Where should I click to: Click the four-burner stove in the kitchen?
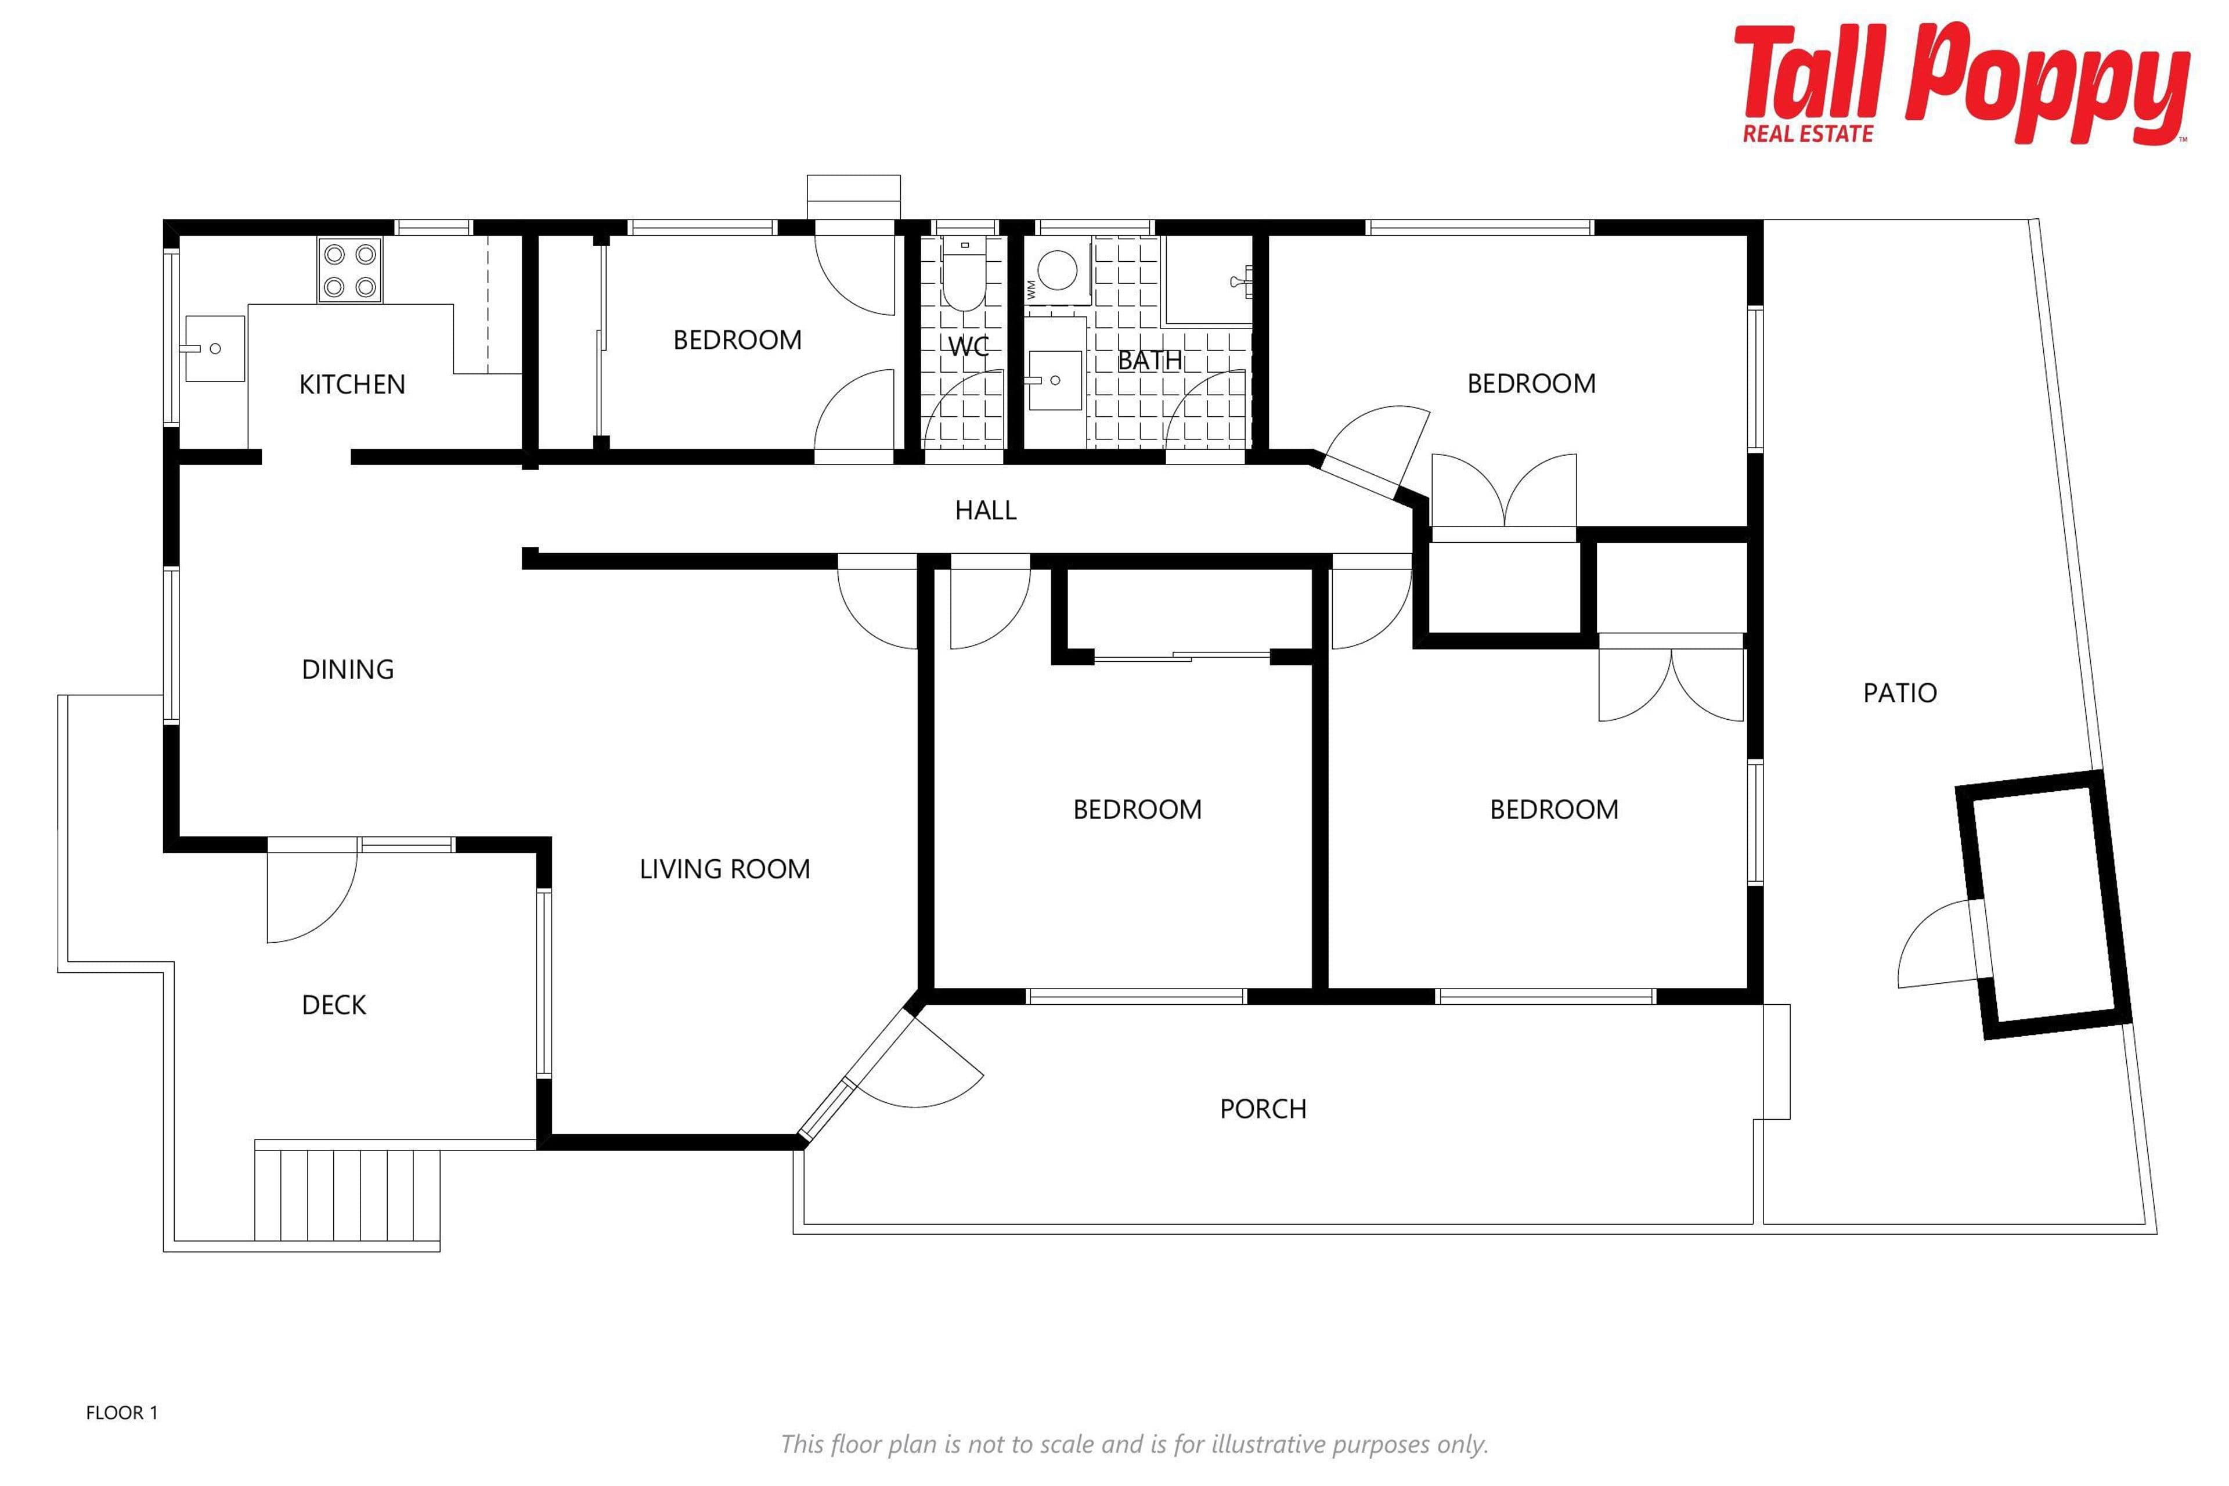point(349,271)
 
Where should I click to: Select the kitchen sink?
point(214,348)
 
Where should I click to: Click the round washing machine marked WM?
point(1056,270)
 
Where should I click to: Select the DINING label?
point(348,670)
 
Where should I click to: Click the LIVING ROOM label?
point(725,869)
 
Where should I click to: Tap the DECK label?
point(334,1005)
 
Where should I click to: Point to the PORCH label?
point(1263,1109)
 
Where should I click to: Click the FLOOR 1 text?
point(121,1413)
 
